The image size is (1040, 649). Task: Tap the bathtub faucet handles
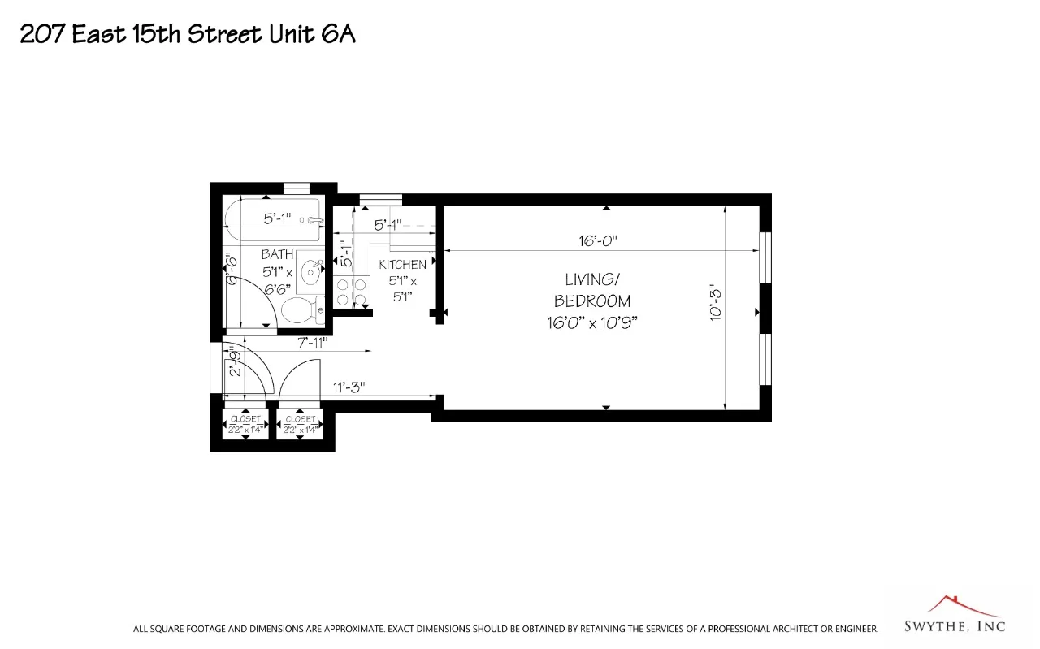click(x=314, y=219)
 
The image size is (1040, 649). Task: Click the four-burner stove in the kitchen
click(x=351, y=292)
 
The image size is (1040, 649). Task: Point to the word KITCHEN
click(x=402, y=265)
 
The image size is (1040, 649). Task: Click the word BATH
click(x=277, y=255)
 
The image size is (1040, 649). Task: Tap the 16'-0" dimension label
click(x=598, y=240)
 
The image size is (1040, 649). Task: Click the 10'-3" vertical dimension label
click(x=716, y=301)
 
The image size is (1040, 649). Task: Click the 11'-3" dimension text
click(x=349, y=387)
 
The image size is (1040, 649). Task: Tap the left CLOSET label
click(x=245, y=419)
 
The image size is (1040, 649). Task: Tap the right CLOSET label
click(x=300, y=419)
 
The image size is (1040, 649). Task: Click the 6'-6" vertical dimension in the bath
click(x=231, y=270)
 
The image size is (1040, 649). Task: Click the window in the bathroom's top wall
click(x=297, y=188)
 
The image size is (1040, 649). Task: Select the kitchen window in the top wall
click(x=380, y=199)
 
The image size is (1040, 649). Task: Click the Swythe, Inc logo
click(x=954, y=617)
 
